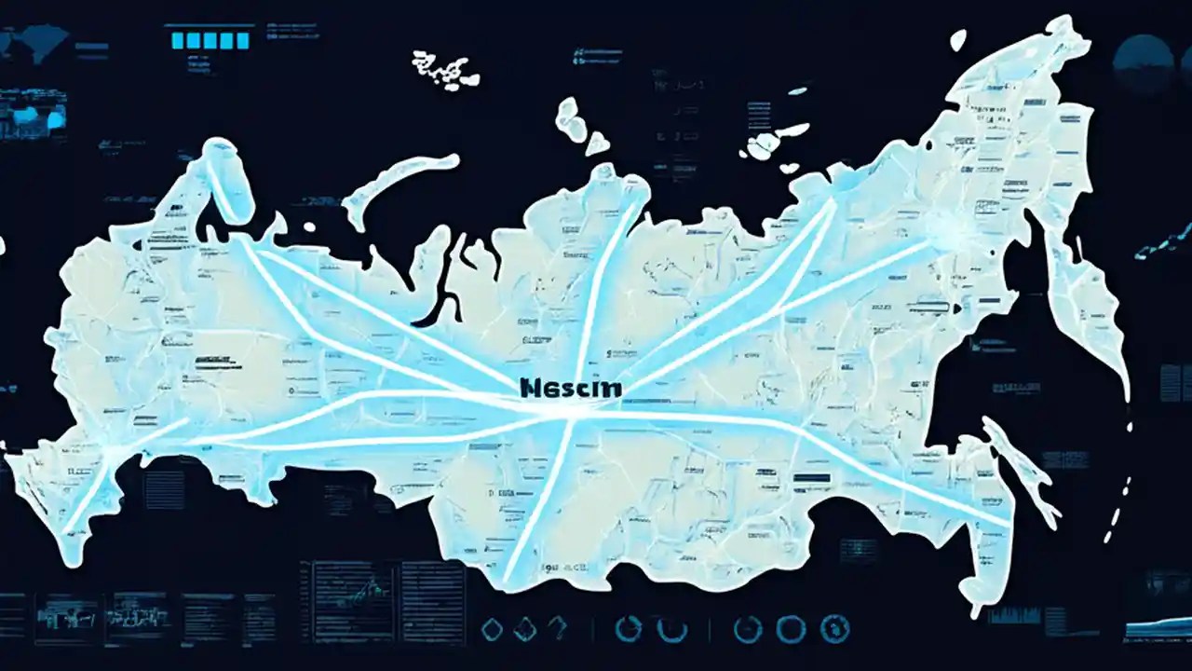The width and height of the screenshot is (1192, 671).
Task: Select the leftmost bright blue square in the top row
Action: point(181,40)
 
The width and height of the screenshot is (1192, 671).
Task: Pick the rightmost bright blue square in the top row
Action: point(242,40)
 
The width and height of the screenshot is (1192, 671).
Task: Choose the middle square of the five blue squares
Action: point(211,40)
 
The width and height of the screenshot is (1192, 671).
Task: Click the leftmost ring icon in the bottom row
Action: point(629,629)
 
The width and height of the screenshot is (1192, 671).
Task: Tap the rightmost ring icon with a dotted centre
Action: point(834,629)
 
